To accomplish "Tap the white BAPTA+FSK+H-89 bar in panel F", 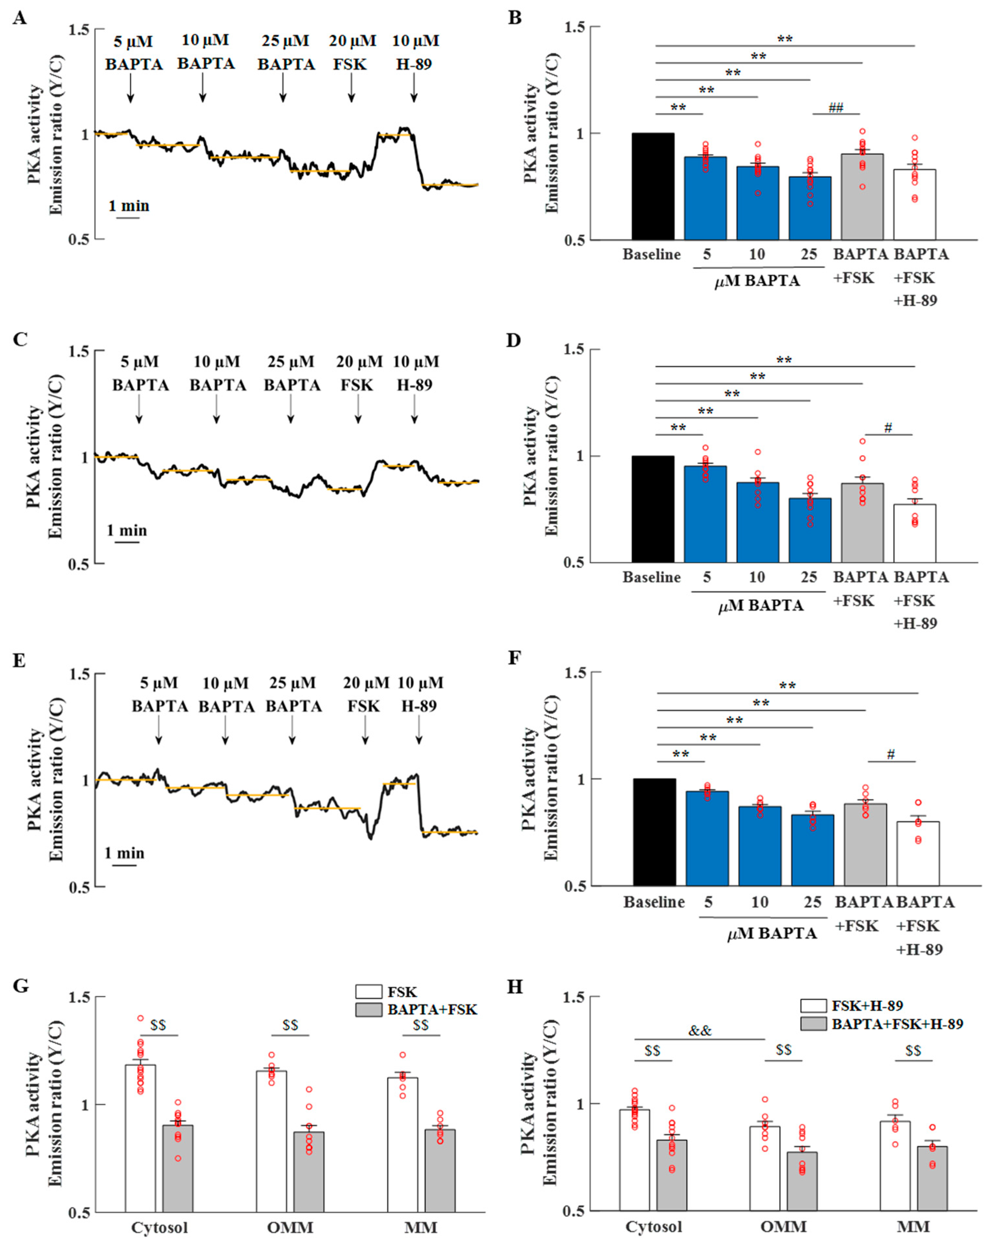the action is tap(918, 853).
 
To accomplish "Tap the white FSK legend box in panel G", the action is tap(369, 992).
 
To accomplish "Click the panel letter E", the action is tap(19, 661).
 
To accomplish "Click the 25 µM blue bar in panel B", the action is tap(810, 208).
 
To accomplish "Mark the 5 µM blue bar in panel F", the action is tap(707, 839).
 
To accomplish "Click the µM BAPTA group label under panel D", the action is tap(760, 606).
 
